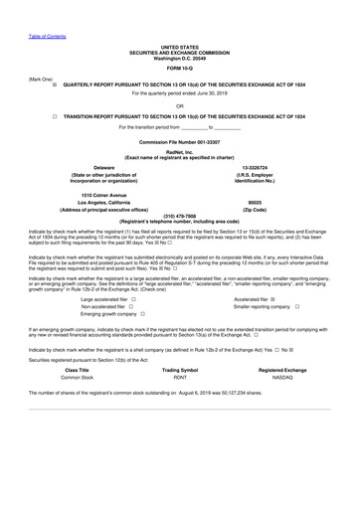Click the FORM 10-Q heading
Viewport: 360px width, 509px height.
(180, 68)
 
